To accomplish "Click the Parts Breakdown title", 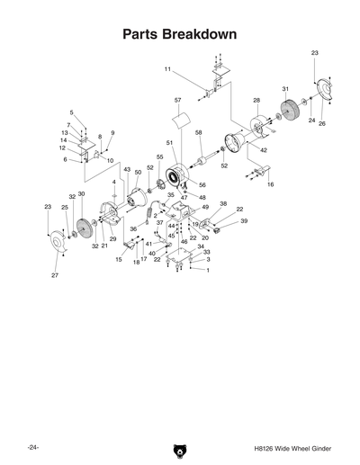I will tap(180, 34).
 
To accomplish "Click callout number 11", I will tap(167, 69).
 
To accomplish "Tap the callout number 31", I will tap(284, 89).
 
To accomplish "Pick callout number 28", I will tap(256, 100).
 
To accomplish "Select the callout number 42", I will tap(264, 150).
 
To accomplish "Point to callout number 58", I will tap(198, 133).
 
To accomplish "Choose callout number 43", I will tap(127, 169).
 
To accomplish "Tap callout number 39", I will tap(243, 221).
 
